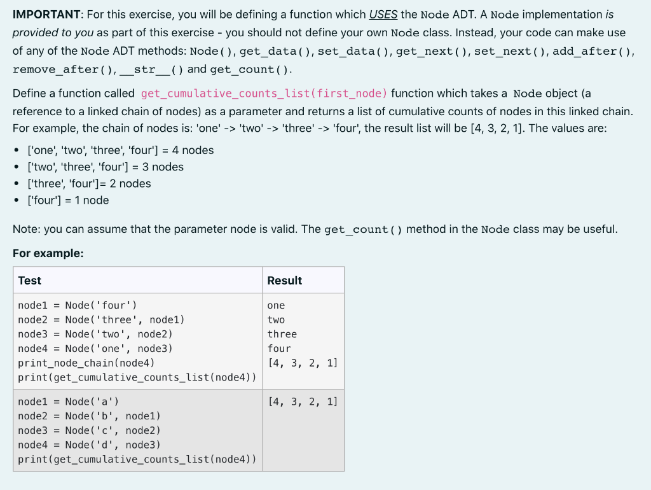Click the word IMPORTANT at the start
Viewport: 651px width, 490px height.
41,14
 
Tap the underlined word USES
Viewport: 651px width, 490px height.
383,14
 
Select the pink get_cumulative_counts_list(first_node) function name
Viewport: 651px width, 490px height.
264,94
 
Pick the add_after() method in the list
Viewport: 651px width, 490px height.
594,51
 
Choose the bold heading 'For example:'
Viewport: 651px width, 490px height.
48,253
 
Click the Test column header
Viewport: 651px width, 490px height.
30,281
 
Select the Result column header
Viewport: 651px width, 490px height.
284,281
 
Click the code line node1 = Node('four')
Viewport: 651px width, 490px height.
77,305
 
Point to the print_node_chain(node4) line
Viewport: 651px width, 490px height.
86,363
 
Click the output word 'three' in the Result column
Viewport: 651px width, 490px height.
282,334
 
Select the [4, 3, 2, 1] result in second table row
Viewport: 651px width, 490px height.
303,402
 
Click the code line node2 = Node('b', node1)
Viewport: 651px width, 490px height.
89,416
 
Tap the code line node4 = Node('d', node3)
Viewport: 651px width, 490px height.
89,445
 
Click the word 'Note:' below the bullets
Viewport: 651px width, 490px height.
27,229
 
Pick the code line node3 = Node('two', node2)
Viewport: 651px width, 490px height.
95,334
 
